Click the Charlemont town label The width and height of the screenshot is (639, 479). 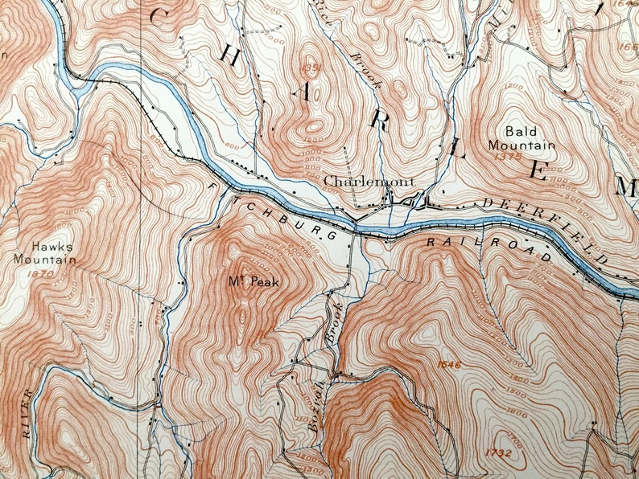point(369,182)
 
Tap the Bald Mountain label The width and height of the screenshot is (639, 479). point(522,138)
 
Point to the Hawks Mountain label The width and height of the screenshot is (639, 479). point(44,253)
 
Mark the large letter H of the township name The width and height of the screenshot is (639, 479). point(229,56)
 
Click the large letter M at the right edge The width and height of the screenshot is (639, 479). point(626,187)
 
